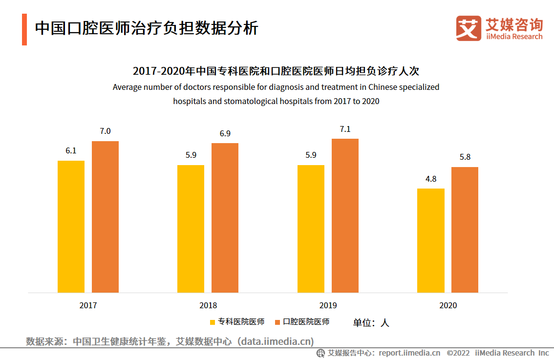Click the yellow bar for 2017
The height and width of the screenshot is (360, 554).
(71, 227)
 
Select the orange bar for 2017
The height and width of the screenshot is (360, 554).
(105, 217)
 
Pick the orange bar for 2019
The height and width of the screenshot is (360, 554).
(345, 215)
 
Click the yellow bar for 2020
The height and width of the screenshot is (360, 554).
(430, 240)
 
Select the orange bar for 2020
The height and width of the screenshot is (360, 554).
(465, 230)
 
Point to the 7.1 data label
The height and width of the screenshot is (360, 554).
(345, 129)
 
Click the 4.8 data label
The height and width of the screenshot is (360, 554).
(431, 179)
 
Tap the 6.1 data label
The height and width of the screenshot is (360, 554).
(71, 150)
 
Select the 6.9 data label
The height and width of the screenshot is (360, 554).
(225, 133)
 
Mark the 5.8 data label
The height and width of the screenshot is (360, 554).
(465, 157)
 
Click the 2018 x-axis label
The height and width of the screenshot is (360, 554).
(208, 305)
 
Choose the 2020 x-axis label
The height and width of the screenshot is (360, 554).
(448, 305)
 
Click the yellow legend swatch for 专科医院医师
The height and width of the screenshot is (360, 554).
(213, 322)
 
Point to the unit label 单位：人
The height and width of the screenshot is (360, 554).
(371, 322)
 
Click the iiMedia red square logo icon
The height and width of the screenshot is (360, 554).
(469, 28)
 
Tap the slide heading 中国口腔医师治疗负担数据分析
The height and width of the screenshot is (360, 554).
(147, 28)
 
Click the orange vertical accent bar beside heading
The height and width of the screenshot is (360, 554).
(24, 29)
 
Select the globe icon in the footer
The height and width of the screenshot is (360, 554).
(320, 353)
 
